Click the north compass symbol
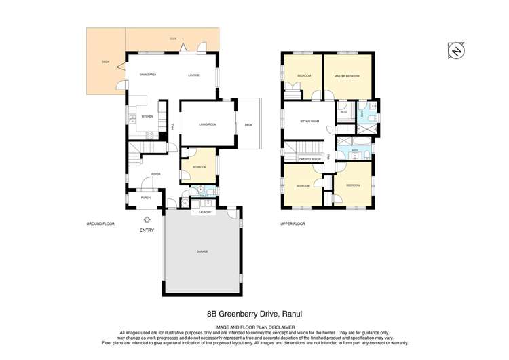pos(457,50)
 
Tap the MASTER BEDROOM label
pos(347,75)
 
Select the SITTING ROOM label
pos(309,121)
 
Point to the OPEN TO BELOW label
pos(309,159)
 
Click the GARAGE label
pos(202,251)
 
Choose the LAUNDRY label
pos(205,213)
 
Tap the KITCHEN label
pos(147,116)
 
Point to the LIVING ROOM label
pos(208,124)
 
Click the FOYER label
pos(155,174)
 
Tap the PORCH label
pos(145,198)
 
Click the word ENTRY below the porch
pos(147,230)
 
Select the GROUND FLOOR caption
pos(98,223)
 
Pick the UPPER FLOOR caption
pos(293,223)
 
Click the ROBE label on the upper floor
pos(344,112)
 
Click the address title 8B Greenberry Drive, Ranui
pos(254,314)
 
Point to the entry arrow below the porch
pos(147,219)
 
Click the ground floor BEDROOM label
pos(199,167)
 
